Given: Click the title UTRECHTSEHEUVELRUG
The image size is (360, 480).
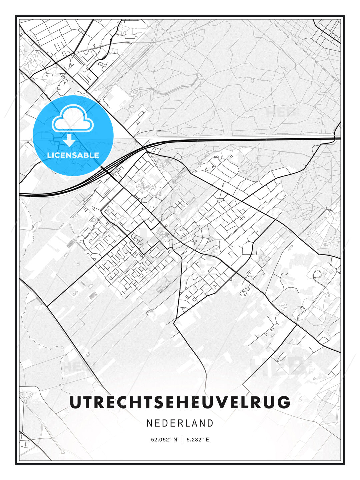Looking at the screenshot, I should pyautogui.click(x=180, y=402).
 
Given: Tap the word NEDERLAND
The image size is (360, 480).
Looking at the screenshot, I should pyautogui.click(x=180, y=423).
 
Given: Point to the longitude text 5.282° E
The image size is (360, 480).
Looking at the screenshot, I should pyautogui.click(x=198, y=440).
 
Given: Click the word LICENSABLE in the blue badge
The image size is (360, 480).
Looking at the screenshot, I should pyautogui.click(x=73, y=155).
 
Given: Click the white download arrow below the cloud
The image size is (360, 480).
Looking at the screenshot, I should pyautogui.click(x=69, y=140).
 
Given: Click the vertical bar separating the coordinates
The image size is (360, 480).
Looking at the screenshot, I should pyautogui.click(x=182, y=440).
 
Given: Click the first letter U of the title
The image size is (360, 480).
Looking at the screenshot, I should pyautogui.click(x=75, y=402).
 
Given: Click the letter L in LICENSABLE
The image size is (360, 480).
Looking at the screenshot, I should pyautogui.click(x=49, y=155).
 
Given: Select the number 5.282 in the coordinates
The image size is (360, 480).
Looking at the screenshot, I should pyautogui.click(x=194, y=440).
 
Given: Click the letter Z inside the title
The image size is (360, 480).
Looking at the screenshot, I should pyautogui.click(x=180, y=402).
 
